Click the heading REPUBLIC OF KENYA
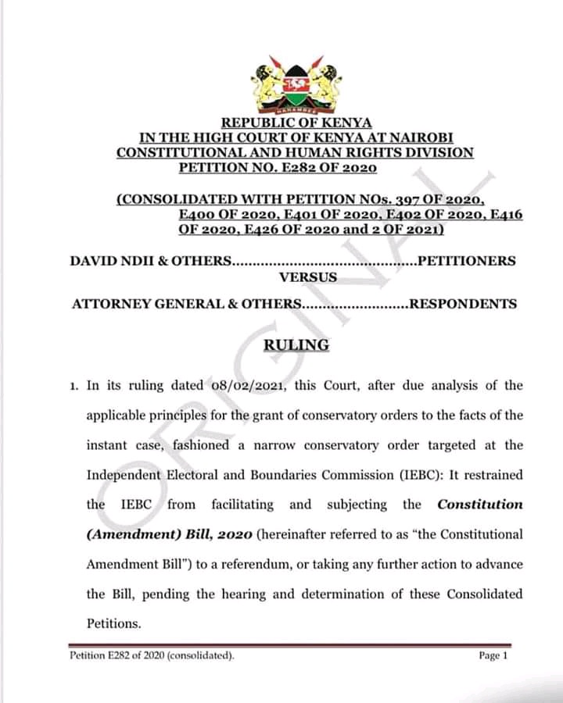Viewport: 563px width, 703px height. click(296, 123)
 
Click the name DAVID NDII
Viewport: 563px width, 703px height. click(113, 261)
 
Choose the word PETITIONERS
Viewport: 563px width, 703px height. click(467, 261)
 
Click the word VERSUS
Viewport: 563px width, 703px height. click(308, 277)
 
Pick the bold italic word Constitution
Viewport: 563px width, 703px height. click(479, 505)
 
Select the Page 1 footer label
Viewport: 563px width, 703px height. click(493, 656)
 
